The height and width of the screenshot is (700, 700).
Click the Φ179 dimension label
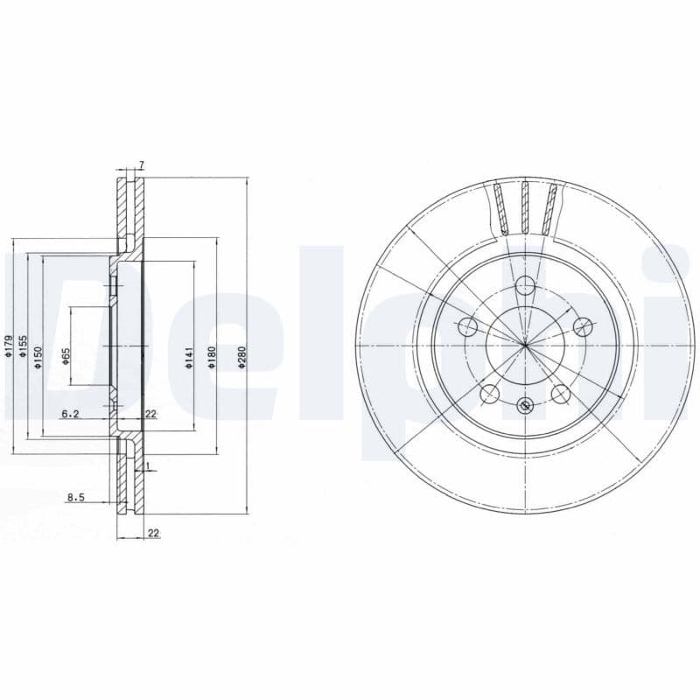[x=9, y=346]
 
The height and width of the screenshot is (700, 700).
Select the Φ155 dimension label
[x=24, y=346]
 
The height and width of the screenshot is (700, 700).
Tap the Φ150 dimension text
[x=38, y=357]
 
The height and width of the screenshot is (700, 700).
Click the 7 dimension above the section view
[x=140, y=165]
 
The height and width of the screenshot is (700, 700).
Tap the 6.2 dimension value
[x=71, y=414]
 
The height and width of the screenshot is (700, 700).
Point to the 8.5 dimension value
[x=76, y=498]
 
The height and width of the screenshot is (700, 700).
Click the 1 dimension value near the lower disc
[x=149, y=465]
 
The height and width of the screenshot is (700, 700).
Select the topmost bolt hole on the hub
[x=525, y=285]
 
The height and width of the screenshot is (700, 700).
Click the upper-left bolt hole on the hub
[x=467, y=327]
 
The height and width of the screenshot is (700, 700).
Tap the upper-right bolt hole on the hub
[x=582, y=326]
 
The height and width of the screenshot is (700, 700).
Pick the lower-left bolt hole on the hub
[x=489, y=394]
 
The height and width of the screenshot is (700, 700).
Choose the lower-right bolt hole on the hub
[x=560, y=394]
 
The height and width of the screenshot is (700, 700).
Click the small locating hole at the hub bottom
[x=525, y=404]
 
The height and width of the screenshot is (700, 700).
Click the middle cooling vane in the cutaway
[x=525, y=207]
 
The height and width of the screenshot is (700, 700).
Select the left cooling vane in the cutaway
[x=500, y=208]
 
